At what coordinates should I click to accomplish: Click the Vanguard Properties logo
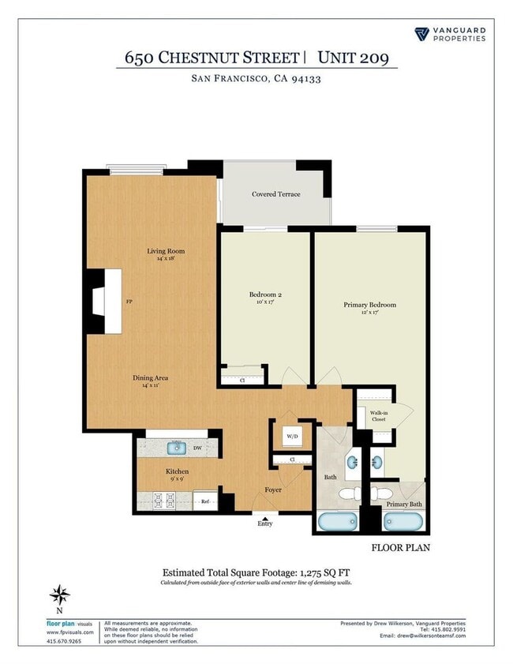click(x=450, y=34)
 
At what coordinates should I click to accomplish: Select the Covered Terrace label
click(x=275, y=194)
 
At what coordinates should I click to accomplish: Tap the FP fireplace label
click(x=129, y=302)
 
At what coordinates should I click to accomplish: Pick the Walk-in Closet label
click(x=378, y=415)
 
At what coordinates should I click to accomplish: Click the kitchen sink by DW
click(x=177, y=448)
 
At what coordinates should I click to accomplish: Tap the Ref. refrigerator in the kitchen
click(x=204, y=501)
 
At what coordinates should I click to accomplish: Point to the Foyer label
click(x=273, y=490)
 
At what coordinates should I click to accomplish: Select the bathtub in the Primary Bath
click(x=403, y=522)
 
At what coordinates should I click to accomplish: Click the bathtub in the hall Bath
click(x=337, y=522)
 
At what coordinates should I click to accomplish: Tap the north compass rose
click(x=59, y=595)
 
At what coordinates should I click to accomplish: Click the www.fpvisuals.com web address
click(x=71, y=632)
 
